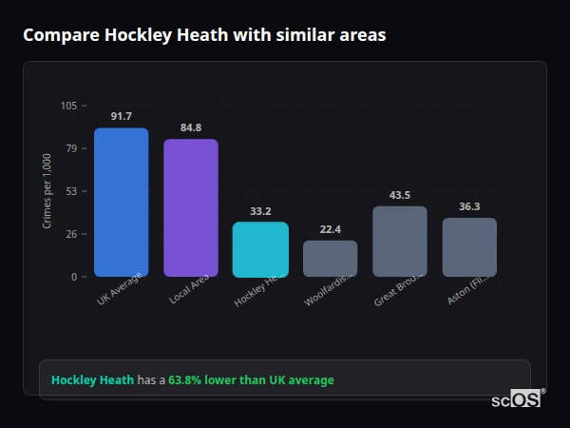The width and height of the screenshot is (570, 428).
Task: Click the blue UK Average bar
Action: (121, 203)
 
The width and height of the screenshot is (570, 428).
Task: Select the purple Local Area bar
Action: (191, 208)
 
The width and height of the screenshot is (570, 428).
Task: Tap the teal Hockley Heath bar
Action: (260, 249)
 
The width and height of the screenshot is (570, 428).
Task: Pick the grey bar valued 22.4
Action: (331, 259)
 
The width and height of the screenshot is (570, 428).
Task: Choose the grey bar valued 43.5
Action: (400, 242)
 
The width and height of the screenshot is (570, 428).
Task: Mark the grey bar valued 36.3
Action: (469, 247)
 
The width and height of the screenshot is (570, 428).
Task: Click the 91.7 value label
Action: (122, 116)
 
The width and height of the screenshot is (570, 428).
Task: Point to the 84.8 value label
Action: (191, 127)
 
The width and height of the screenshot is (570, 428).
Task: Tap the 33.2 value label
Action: (261, 211)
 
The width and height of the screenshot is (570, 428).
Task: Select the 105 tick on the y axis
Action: (68, 106)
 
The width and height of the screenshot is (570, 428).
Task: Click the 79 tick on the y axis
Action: (71, 148)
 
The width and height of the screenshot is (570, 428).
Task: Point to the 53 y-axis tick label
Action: (71, 191)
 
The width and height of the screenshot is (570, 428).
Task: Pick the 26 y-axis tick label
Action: (71, 234)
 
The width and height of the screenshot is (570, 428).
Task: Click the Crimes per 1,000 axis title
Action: (47, 191)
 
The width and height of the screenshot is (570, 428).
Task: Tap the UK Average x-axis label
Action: (120, 289)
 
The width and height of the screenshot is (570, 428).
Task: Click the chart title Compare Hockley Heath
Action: (204, 35)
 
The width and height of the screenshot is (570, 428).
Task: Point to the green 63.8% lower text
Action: (251, 380)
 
